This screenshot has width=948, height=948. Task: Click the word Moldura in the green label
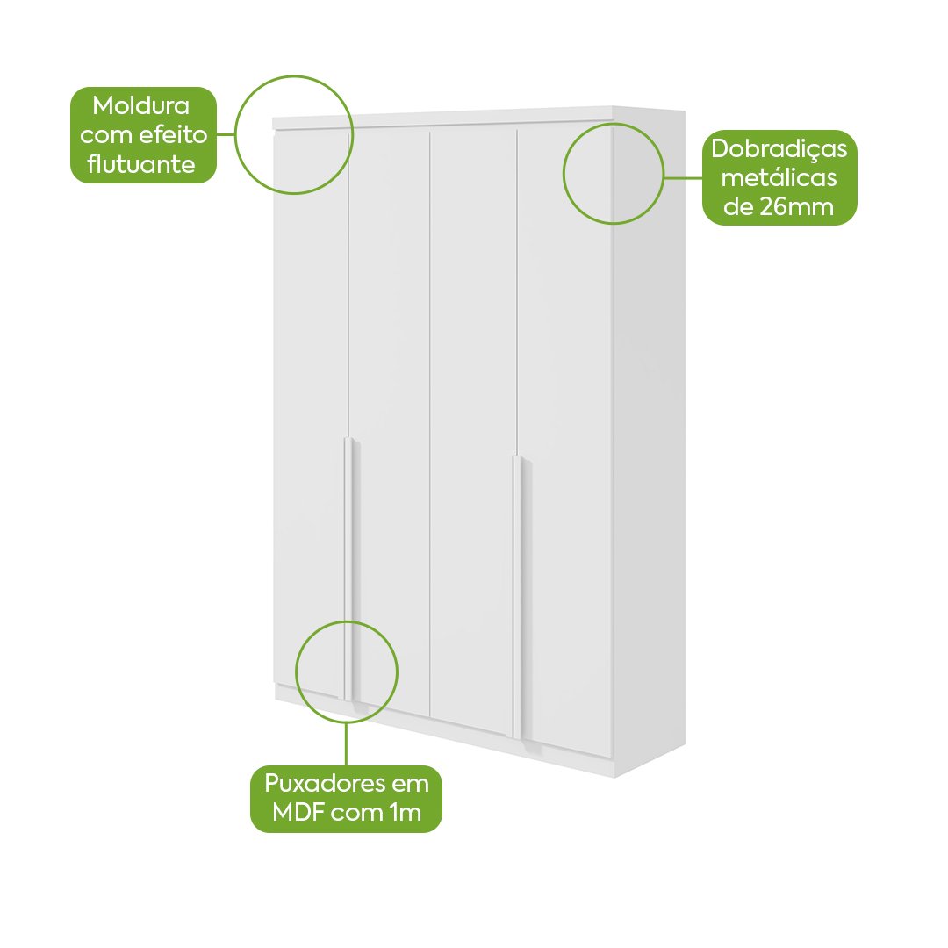coord(140,106)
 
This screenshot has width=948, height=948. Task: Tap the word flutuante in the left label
coord(140,164)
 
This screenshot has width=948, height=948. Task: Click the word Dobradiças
coord(779,149)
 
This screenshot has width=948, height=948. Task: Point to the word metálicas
coord(779,177)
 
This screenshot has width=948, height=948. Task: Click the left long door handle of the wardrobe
coord(348,568)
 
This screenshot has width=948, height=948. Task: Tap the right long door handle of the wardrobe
coord(518,597)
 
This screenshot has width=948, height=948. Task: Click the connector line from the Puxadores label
coord(347,744)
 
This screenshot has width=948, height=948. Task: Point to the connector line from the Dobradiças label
coord(683,177)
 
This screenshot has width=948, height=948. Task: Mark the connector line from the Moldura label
coord(226,134)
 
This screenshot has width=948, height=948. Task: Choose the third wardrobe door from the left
coord(473,429)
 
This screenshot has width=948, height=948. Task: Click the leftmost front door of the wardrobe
coord(312,411)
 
